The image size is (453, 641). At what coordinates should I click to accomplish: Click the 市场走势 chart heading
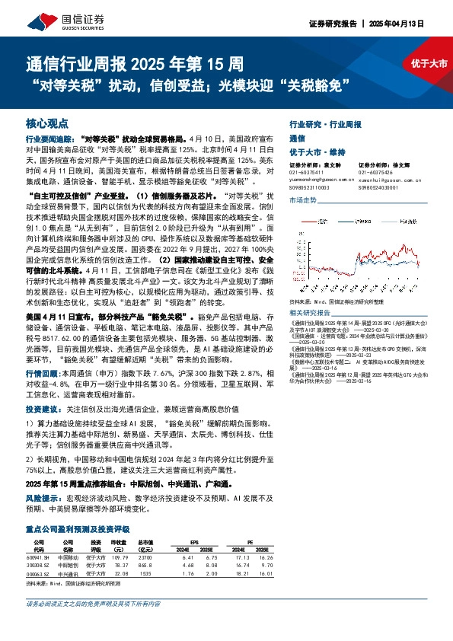pyautogui.click(x=302, y=199)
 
